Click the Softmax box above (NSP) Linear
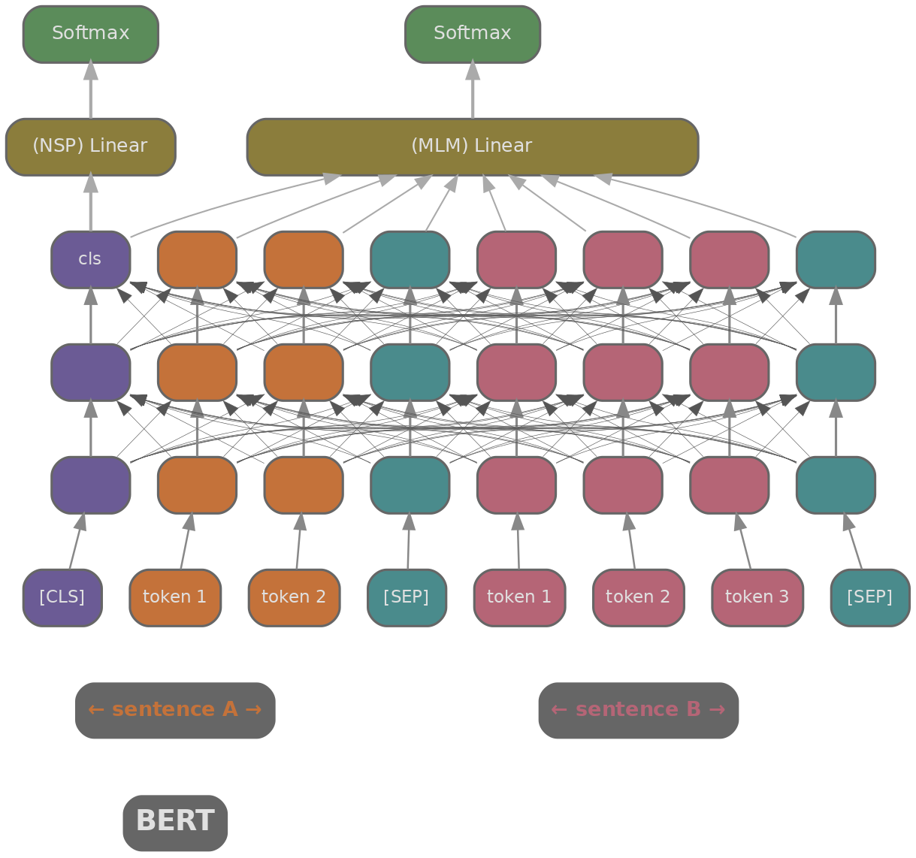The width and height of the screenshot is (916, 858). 90,34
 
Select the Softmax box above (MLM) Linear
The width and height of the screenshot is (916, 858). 472,34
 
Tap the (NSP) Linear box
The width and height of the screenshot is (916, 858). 90,147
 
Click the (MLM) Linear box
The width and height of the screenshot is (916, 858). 472,147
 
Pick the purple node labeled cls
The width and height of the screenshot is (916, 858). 90,259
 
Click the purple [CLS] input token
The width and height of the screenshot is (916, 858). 62,597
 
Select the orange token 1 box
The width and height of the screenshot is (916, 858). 175,597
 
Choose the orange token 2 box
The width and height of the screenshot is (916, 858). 294,597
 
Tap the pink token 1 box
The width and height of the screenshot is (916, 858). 519,597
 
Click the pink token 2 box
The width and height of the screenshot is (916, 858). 638,597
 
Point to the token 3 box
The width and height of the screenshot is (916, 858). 757,597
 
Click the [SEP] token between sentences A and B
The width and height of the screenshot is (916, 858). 407,597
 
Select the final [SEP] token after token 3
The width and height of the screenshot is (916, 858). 869,597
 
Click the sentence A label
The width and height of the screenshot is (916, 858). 175,710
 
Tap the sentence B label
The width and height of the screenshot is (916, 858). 638,710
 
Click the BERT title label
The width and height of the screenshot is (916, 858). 175,822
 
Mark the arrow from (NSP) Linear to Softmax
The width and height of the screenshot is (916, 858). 90,91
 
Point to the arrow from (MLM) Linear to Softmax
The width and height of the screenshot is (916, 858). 472,91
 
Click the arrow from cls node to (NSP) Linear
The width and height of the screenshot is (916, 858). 90,204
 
